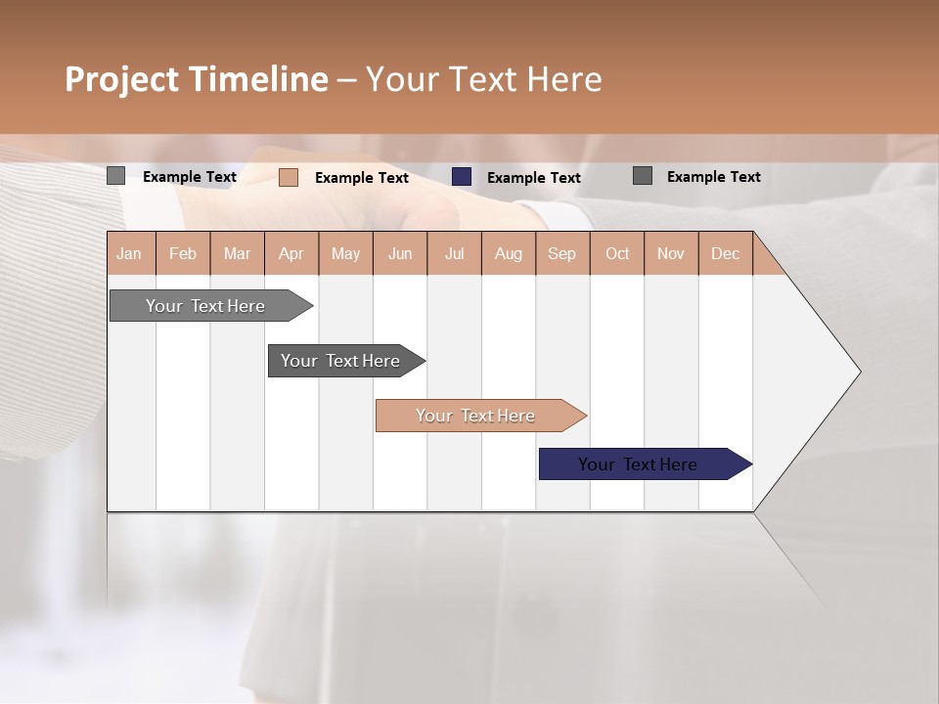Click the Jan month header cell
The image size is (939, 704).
[x=130, y=253]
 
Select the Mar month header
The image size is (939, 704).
[x=237, y=253]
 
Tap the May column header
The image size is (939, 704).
[x=345, y=253]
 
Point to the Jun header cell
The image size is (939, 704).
[x=400, y=253]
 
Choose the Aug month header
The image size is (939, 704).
[x=509, y=253]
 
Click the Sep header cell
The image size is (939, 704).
[x=562, y=253]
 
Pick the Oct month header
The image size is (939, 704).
[x=617, y=253]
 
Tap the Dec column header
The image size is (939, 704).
[x=726, y=253]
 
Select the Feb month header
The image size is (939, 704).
[x=183, y=253]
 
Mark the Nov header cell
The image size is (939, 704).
[x=671, y=253]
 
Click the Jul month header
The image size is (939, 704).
[x=454, y=253]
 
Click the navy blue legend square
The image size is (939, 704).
[x=462, y=177]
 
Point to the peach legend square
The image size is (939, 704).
[x=289, y=177]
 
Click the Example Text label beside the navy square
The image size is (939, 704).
[x=534, y=177]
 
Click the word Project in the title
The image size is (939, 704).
[x=120, y=79]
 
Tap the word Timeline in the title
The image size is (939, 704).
[x=258, y=79]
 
